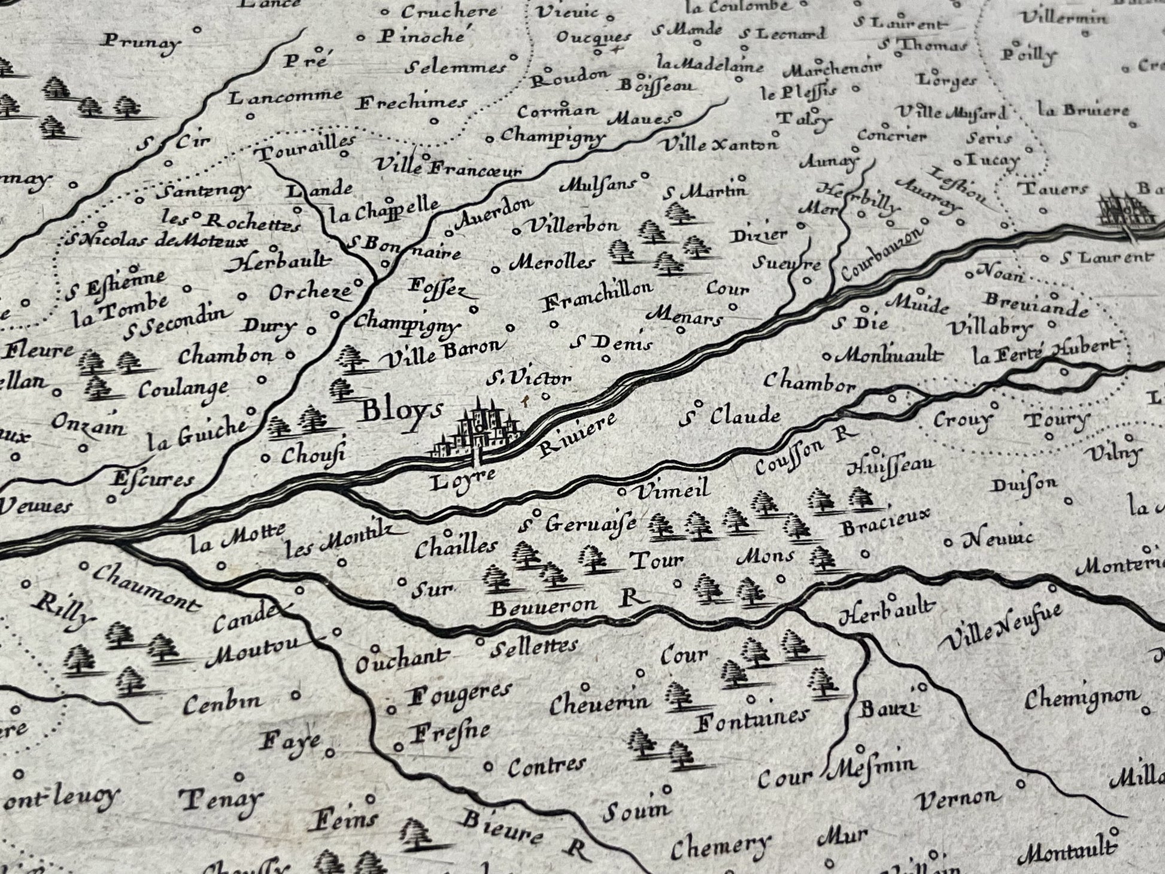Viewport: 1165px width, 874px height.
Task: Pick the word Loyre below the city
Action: tap(463, 480)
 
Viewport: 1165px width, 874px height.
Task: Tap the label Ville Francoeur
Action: tap(447, 166)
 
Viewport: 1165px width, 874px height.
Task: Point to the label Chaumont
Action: tap(146, 588)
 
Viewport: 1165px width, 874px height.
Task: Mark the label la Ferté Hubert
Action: tap(1045, 352)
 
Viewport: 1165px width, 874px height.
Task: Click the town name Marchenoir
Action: tap(832, 69)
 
